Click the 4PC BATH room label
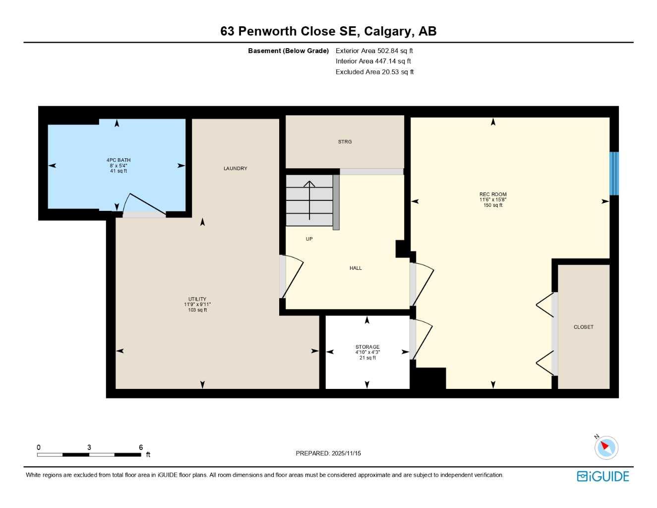point(119,160)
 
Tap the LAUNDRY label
point(235,169)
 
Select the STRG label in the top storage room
point(345,142)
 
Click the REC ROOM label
point(493,194)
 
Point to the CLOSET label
point(583,327)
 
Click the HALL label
point(356,268)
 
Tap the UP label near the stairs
point(309,239)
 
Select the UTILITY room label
point(197,300)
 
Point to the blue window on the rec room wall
point(614,173)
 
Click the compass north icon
point(605,447)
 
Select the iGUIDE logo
point(602,477)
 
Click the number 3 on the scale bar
point(89,447)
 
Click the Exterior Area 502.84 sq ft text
point(374,51)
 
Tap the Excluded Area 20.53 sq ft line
point(374,72)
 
